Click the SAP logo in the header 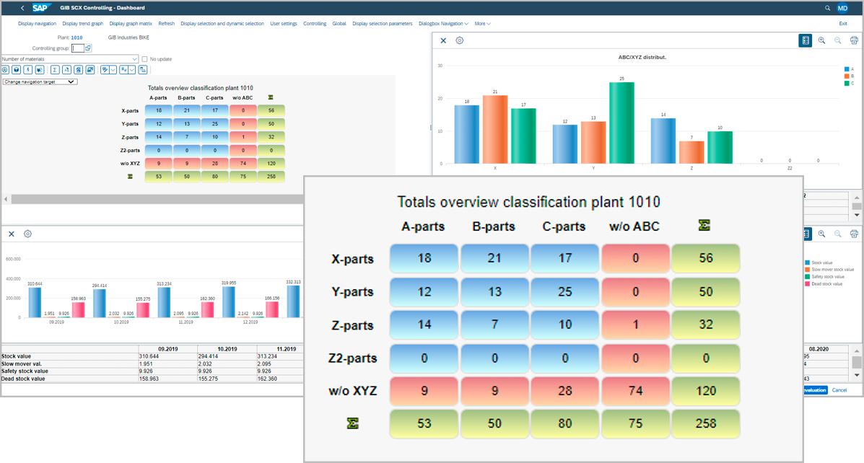tap(40, 8)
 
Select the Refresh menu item tap(166, 24)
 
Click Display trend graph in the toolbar tap(82, 24)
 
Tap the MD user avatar tap(842, 8)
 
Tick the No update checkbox tap(144, 59)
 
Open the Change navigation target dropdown tap(40, 82)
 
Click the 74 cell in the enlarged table tap(635, 390)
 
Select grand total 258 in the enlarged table tap(705, 423)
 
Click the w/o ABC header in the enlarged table tap(634, 226)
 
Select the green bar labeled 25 tap(621, 123)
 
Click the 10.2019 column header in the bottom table tap(227, 349)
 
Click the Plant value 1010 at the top tap(77, 37)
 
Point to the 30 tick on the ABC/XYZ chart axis tap(440, 66)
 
